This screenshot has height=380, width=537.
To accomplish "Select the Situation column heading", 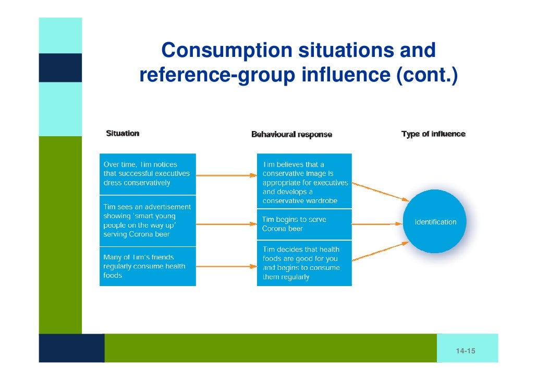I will (x=123, y=134).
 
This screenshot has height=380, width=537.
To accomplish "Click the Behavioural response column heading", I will (x=291, y=135).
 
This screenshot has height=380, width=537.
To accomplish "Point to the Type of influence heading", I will (x=433, y=134).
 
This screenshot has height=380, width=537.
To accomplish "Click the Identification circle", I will (x=435, y=222).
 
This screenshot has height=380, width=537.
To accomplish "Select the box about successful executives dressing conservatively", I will (x=148, y=174).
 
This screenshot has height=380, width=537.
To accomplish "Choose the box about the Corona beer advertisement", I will (x=148, y=221).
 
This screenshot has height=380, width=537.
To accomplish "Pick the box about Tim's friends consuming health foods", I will (x=148, y=266).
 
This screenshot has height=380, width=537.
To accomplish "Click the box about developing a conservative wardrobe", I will (x=304, y=181).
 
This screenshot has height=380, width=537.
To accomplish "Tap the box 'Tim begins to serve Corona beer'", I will (x=304, y=224).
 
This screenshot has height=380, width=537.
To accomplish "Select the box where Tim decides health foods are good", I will (x=304, y=263).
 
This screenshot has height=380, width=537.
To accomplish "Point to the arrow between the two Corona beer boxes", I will (x=226, y=224).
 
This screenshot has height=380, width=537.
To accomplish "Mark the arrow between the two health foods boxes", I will (x=226, y=266).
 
